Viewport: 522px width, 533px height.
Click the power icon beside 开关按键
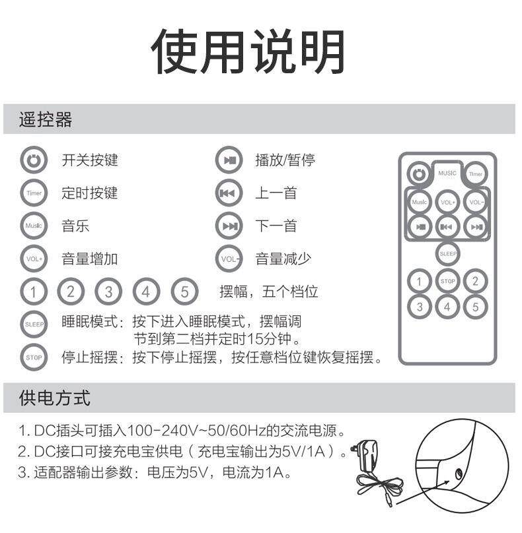pyautogui.click(x=34, y=160)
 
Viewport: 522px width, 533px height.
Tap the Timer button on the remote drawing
pyautogui.click(x=475, y=174)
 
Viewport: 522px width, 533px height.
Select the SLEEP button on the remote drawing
pyautogui.click(x=448, y=253)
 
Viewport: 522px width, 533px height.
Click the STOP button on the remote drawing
pyautogui.click(x=447, y=281)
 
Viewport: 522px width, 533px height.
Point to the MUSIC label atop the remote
pyautogui.click(x=447, y=173)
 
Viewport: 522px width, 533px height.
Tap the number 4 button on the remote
pyautogui.click(x=447, y=307)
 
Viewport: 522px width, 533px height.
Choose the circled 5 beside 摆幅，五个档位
pyautogui.click(x=184, y=292)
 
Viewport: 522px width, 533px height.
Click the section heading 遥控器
pyautogui.click(x=46, y=119)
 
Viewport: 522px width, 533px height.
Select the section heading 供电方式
pyautogui.click(x=54, y=398)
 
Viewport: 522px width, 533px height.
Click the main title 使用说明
pyautogui.click(x=248, y=51)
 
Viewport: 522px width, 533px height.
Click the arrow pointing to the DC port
pyautogui.click(x=422, y=493)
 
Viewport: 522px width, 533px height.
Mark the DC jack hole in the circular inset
pyautogui.click(x=459, y=473)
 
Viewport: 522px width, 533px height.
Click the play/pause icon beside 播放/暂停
pyautogui.click(x=229, y=160)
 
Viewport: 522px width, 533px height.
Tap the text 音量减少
pyautogui.click(x=283, y=259)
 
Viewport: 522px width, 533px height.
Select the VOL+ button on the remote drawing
pyautogui.click(x=447, y=203)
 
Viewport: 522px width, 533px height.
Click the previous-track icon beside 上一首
pyautogui.click(x=229, y=193)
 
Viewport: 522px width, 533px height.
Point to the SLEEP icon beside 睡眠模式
pyautogui.click(x=34, y=324)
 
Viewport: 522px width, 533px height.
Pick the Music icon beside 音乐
pyautogui.click(x=34, y=226)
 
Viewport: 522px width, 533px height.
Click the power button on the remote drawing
pyautogui.click(x=419, y=174)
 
